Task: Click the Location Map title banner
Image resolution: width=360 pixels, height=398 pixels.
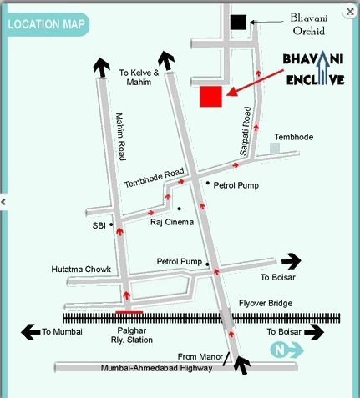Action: tap(47, 24)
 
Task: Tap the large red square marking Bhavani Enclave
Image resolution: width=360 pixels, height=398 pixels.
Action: tap(210, 97)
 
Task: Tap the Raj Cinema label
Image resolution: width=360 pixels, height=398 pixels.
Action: tap(171, 222)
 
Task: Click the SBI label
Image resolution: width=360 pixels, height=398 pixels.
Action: tap(99, 225)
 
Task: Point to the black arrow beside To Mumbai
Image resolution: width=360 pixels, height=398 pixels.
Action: tap(30, 332)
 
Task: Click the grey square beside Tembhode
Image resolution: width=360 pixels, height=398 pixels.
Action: tap(275, 149)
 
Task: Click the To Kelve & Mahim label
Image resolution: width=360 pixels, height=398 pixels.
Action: tap(139, 78)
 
